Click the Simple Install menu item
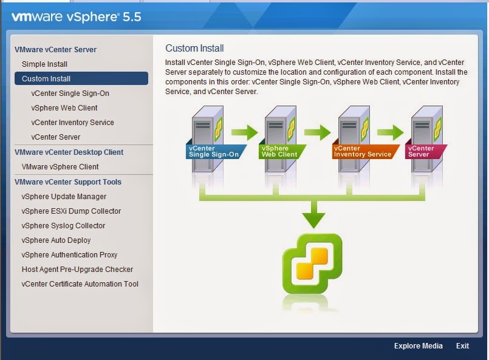44,64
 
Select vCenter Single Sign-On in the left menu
70,93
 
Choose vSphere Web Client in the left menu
64,108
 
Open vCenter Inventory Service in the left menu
72,123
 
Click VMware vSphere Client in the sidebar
60,167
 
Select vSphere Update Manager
64,197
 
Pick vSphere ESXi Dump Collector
71,211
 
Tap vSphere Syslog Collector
63,226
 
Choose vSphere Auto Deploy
56,240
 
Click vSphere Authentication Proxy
69,255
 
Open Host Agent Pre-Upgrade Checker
77,270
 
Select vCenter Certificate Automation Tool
80,284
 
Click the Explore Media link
418,346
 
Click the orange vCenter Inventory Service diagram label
362,151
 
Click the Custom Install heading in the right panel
194,49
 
